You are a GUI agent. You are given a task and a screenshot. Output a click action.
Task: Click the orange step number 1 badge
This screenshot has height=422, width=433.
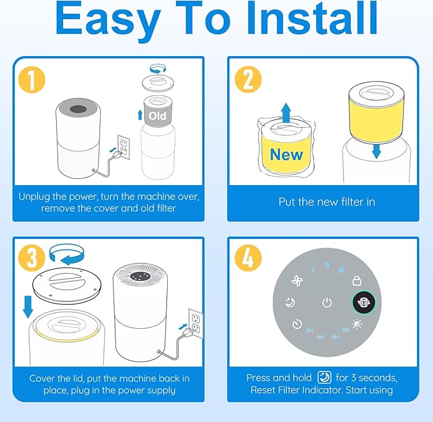[x=31, y=80]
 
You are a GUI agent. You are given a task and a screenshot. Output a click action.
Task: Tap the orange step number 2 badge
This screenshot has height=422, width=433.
[x=247, y=80]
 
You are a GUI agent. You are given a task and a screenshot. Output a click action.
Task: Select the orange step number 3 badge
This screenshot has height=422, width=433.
[x=31, y=258]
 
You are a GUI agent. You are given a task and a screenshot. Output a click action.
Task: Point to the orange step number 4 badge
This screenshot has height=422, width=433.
[x=247, y=258]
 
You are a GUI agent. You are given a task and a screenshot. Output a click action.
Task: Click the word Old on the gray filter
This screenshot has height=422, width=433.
[x=158, y=116]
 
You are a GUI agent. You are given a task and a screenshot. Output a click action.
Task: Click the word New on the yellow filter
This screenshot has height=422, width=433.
[x=286, y=154]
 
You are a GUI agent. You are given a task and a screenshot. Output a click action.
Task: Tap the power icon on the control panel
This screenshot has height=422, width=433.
[x=327, y=303]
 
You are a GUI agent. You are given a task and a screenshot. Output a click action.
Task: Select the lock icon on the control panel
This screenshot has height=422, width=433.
[x=356, y=281]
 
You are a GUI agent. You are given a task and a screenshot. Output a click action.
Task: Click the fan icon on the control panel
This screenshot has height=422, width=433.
[x=297, y=281]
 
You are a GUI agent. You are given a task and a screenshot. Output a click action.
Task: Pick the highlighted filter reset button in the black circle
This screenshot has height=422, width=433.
[x=363, y=303]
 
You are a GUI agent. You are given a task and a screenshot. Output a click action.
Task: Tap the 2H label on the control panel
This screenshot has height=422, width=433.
[x=309, y=331]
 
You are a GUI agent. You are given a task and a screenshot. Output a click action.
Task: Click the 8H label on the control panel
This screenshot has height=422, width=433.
[x=346, y=329]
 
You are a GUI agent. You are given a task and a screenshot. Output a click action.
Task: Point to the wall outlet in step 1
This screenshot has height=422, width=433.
[x=124, y=147]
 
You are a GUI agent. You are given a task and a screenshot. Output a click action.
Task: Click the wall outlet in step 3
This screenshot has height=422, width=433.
[x=196, y=323]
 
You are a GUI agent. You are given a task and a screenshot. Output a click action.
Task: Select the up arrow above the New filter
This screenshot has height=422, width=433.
[x=286, y=113]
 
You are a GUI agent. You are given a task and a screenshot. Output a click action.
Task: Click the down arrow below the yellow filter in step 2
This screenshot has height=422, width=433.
[x=376, y=151]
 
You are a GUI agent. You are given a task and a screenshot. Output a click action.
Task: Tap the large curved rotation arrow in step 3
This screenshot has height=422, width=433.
[x=66, y=254]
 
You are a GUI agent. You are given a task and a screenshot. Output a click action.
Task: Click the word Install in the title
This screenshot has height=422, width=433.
[x=312, y=19]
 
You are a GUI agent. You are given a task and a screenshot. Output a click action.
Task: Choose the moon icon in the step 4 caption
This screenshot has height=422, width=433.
[x=324, y=377]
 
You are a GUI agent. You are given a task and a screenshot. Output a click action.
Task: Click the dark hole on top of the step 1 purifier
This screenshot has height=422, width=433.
[x=78, y=109]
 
